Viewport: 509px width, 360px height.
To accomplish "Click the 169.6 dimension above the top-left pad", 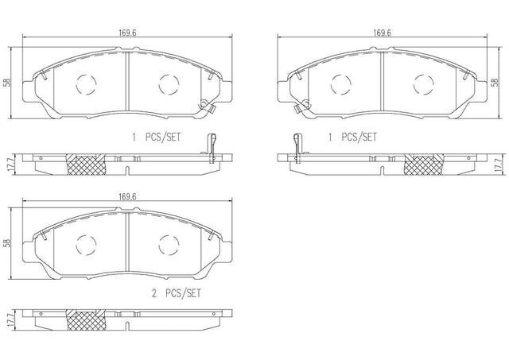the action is [127, 33].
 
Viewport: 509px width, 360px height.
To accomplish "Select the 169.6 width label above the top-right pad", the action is [382, 33].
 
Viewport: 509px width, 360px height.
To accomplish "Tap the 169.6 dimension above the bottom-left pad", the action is [127, 196].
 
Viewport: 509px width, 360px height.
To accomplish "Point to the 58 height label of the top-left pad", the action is [8, 83].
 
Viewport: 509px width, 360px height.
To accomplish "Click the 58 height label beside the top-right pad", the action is [495, 83].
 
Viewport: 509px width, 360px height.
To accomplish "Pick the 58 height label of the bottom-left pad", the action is [8, 243].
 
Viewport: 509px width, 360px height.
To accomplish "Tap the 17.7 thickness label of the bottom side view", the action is [9, 320].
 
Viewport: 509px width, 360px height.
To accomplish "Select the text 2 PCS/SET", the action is [177, 293].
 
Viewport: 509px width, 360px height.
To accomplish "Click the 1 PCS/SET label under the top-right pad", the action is [352, 137].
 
